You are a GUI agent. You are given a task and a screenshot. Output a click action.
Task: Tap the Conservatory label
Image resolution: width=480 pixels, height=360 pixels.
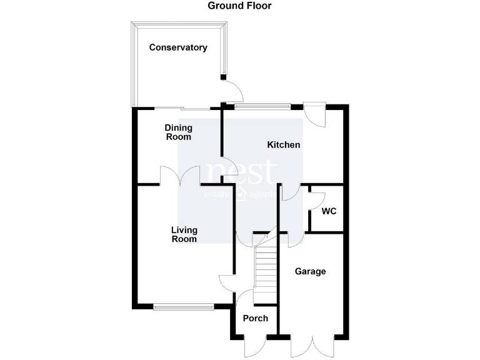[178, 47]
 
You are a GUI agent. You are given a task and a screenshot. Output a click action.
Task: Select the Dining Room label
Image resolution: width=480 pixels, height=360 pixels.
[178, 132]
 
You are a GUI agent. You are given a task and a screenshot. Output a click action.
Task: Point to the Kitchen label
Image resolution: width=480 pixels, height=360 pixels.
[284, 145]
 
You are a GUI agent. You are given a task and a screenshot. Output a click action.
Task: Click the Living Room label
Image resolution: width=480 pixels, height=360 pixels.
[184, 234]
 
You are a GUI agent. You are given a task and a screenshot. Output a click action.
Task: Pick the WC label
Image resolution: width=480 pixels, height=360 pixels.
[329, 211]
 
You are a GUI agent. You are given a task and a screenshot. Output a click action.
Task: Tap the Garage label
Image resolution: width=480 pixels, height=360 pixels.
[311, 271]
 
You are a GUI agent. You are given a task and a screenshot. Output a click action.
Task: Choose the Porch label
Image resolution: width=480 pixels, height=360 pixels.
[255, 318]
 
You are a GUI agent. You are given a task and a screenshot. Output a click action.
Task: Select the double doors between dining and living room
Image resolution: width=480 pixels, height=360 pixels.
[179, 176]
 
